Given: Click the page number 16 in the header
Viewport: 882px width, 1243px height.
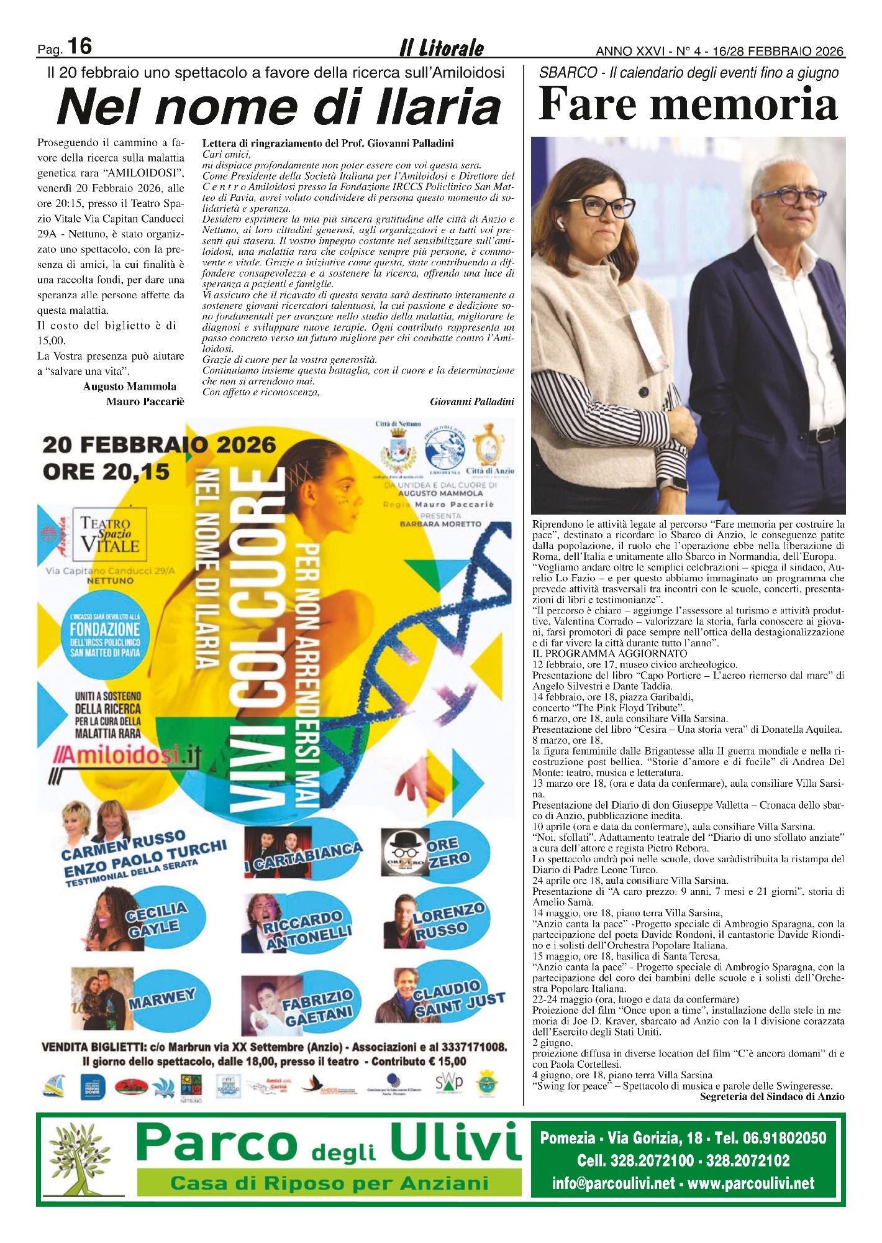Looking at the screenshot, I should pyautogui.click(x=79, y=47).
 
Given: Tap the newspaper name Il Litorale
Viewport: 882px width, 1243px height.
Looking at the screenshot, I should pyautogui.click(x=442, y=48).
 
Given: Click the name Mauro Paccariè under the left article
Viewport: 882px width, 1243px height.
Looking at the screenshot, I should pyautogui.click(x=145, y=401).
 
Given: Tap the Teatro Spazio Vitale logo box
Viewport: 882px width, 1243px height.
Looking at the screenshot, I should pyautogui.click(x=110, y=534).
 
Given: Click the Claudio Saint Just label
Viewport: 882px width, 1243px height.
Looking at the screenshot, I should pyautogui.click(x=458, y=999).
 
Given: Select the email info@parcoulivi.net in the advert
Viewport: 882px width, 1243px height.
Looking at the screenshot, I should pyautogui.click(x=614, y=1183).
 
